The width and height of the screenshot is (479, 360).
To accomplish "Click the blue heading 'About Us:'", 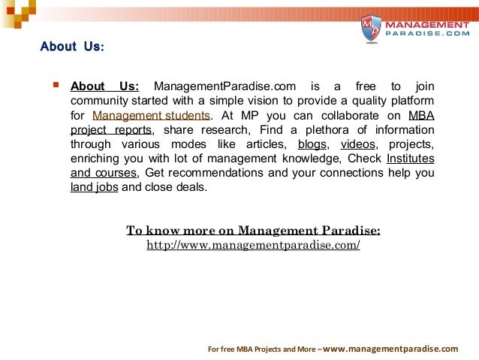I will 72,47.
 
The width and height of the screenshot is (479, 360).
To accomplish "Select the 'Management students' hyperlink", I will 152,115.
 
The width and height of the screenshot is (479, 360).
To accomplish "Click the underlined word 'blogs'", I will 312,144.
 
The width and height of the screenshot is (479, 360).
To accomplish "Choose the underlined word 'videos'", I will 357,144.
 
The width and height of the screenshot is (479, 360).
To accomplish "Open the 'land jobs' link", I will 94,187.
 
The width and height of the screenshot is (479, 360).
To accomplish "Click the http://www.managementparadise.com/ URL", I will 253,246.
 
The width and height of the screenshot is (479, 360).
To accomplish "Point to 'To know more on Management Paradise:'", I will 253,230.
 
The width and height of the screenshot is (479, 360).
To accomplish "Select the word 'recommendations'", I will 216,173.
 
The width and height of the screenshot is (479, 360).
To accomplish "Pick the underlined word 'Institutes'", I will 410,159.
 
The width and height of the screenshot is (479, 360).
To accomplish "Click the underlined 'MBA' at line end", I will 421,115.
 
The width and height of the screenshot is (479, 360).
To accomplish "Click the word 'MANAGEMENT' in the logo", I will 424,26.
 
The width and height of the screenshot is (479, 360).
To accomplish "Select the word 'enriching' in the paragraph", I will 95,159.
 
